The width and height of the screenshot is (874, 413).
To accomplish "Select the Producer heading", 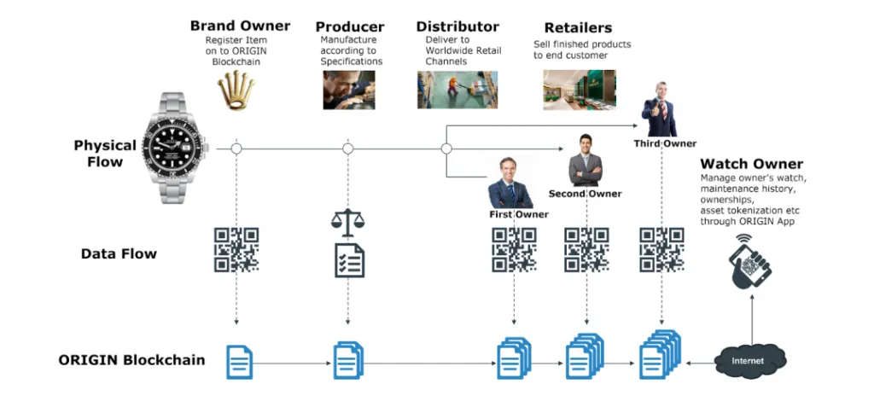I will point(350,26).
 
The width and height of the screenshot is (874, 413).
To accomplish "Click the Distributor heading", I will point(457,26).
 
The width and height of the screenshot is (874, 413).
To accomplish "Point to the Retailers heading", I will point(578,28).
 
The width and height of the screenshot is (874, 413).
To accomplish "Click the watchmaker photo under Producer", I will point(348,90).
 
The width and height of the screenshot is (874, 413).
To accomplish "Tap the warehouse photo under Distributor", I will point(457,90).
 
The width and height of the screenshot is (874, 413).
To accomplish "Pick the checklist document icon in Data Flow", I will point(349,259).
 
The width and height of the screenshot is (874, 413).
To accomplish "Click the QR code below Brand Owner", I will point(236,249).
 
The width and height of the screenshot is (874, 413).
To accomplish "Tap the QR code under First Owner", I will point(514,249).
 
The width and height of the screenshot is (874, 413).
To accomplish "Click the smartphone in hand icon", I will point(751,262).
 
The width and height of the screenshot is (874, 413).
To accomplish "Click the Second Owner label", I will point(585,194).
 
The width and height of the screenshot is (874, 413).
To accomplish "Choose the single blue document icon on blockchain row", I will point(239,361).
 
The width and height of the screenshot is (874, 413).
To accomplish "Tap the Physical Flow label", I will point(105,154).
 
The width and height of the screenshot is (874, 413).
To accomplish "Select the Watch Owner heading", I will point(751,164).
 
